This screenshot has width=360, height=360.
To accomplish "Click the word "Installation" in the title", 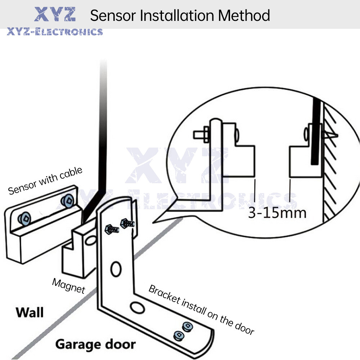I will pos(178,15).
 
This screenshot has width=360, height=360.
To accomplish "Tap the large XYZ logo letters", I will pos(55,14).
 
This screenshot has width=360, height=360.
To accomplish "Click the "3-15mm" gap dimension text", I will pos(277,212).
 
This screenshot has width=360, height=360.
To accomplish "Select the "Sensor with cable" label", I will pos(45,180).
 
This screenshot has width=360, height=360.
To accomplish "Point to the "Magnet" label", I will pos(68,285).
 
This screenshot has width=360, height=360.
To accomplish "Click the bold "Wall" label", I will pos(30,312).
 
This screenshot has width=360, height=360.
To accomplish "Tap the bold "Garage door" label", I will pos(95,344).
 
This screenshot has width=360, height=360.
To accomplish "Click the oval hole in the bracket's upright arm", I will pos(116,268).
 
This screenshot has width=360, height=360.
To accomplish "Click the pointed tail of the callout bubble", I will pos(158,220).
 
